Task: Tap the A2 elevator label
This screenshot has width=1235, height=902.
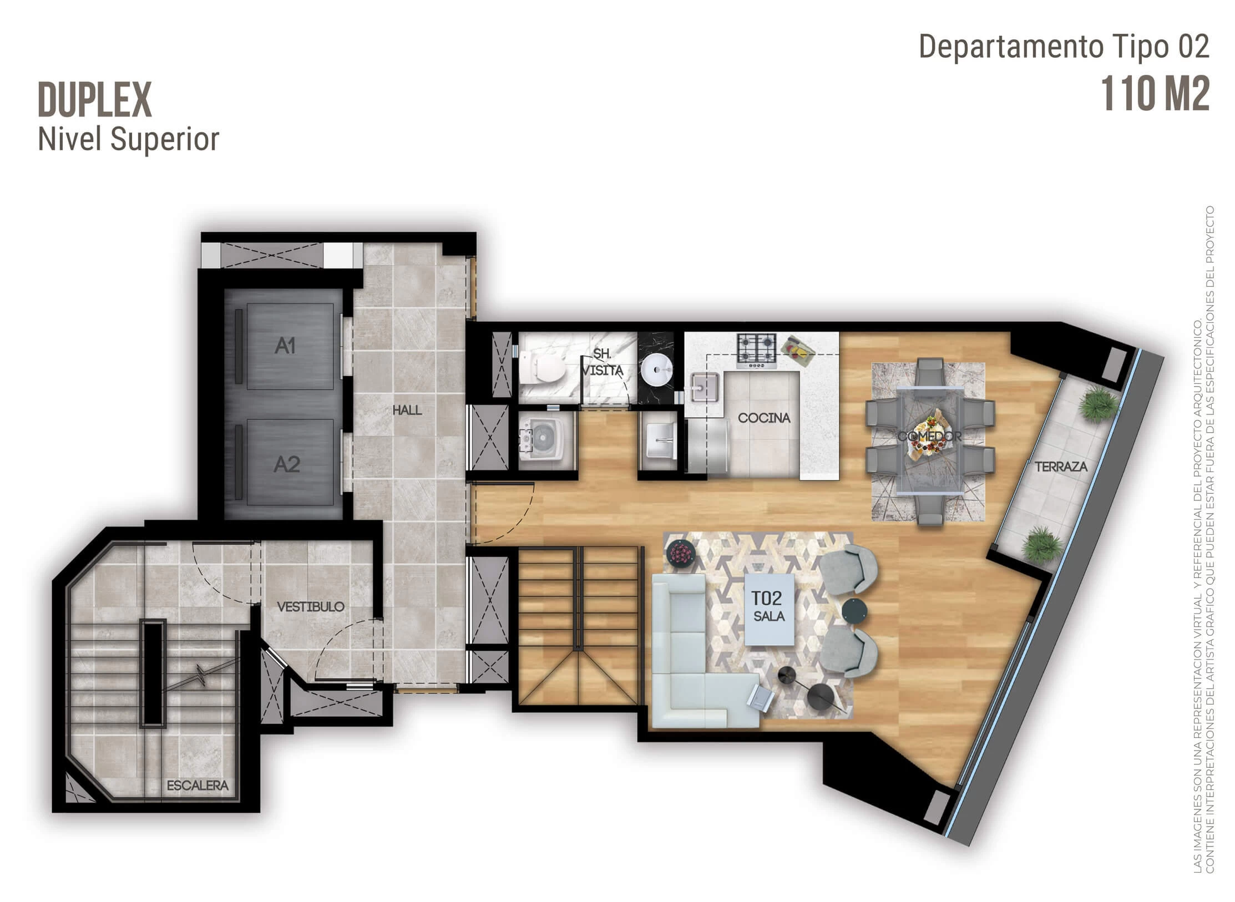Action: click(x=287, y=464)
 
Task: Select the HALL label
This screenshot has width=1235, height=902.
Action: click(x=407, y=410)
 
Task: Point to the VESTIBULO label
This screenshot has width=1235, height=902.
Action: click(x=311, y=606)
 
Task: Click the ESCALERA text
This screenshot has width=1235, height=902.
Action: click(x=198, y=786)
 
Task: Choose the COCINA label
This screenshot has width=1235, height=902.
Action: click(x=765, y=418)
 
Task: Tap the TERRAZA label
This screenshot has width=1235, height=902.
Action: click(x=1061, y=467)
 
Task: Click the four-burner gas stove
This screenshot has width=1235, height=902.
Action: click(x=757, y=350)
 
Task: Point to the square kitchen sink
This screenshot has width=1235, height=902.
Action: click(x=706, y=386)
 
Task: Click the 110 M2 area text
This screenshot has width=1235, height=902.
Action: click(x=1155, y=94)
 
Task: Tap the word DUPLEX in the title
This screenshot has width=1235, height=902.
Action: click(x=95, y=100)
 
